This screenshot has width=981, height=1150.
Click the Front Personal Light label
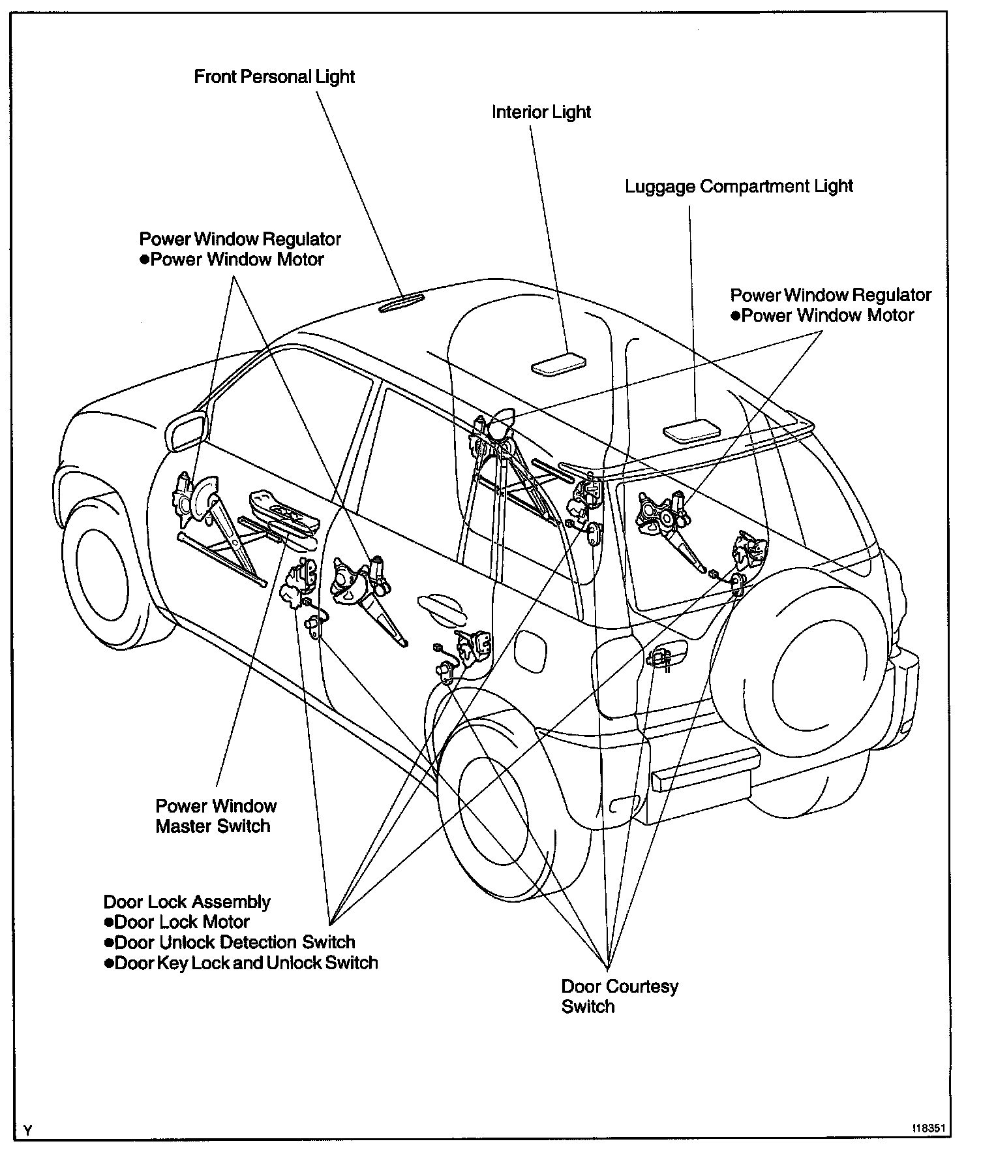(274, 77)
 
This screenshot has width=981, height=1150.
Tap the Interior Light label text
(541, 112)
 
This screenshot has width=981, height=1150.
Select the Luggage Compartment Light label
(738, 187)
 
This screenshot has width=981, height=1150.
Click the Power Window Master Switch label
(215, 816)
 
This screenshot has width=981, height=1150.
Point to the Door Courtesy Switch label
(619, 996)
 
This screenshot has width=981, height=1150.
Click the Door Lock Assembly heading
(187, 902)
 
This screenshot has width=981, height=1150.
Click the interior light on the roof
(558, 364)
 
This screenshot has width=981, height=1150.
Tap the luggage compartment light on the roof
(691, 429)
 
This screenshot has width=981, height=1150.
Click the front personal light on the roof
(401, 303)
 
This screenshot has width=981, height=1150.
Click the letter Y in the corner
(27, 1131)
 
